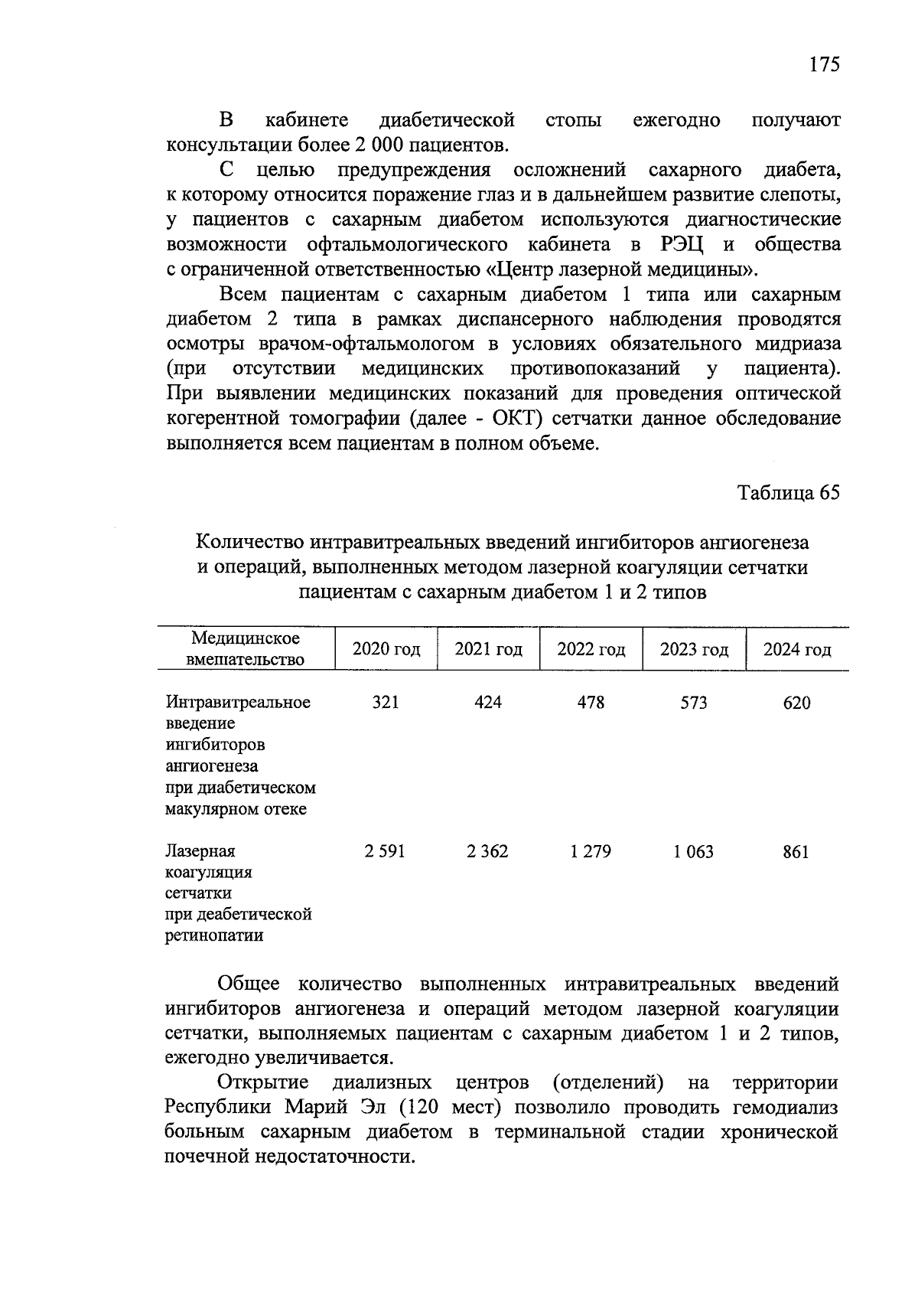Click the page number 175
[825, 64]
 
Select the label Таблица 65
[789, 492]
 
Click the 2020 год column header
[386, 650]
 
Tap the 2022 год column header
[591, 650]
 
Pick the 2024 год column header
[796, 650]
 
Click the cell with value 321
[386, 702]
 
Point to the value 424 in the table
[488, 702]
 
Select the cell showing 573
[694, 702]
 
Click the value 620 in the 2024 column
[796, 702]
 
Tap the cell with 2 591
[385, 851]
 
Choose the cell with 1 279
[591, 851]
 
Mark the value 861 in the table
[796, 851]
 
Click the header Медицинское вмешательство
[246, 648]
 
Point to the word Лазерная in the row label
[200, 851]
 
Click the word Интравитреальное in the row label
[238, 702]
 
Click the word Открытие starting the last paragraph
[263, 1082]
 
